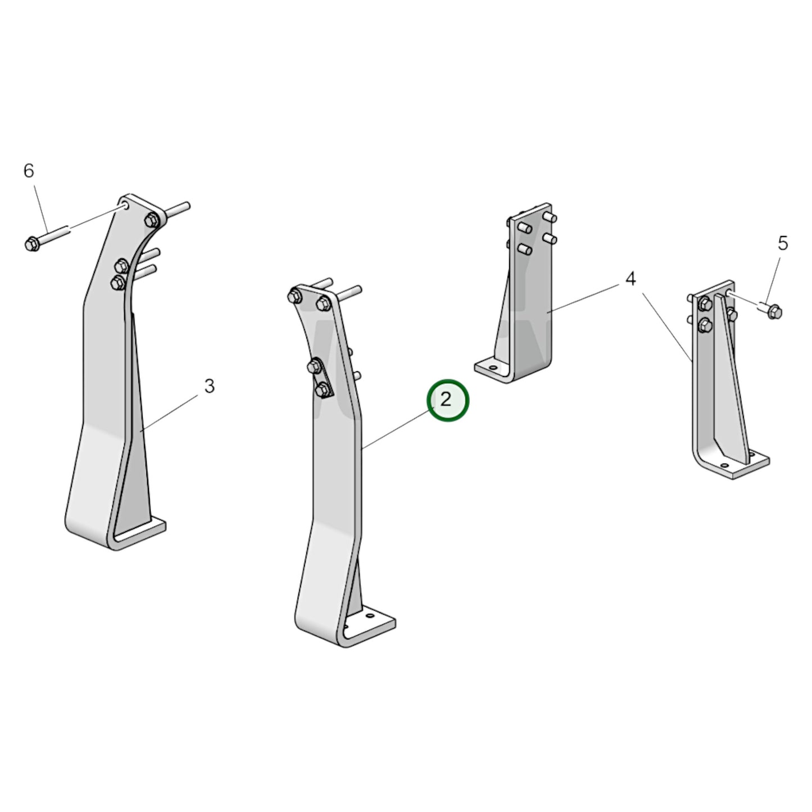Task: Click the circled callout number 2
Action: tap(447, 400)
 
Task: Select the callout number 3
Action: tap(209, 386)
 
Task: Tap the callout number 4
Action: tap(630, 278)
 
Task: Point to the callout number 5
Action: tap(783, 243)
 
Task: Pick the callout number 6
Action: tap(29, 170)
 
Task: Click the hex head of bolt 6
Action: tap(32, 244)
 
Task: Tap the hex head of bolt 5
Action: tap(775, 311)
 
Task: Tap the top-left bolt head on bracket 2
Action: tap(294, 295)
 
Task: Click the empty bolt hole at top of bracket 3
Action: tap(126, 207)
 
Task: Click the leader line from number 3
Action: tap(169, 412)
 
